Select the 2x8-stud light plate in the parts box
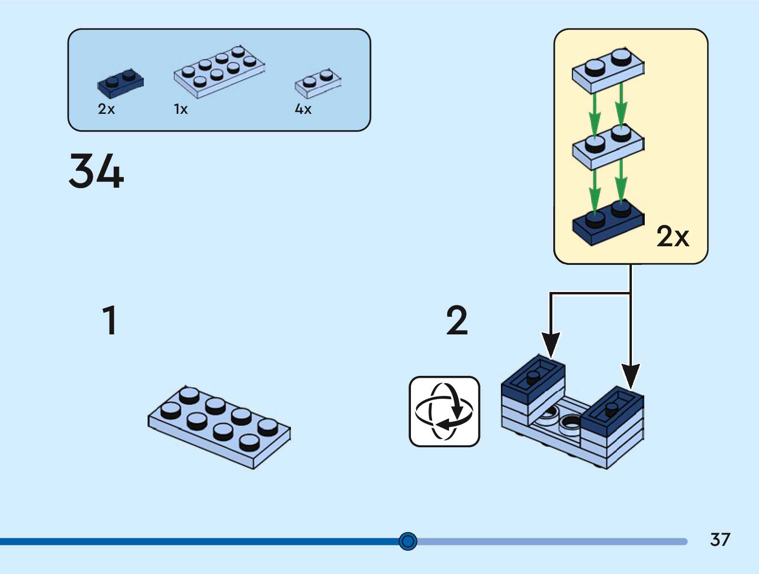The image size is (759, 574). (219, 72)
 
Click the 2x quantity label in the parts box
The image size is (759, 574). (106, 109)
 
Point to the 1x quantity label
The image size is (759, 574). (180, 109)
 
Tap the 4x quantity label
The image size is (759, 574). (303, 109)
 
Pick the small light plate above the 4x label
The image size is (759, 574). (318, 84)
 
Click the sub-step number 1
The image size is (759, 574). (110, 320)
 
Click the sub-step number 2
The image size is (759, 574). (457, 320)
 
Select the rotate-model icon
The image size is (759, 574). (444, 412)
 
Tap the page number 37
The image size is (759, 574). (719, 540)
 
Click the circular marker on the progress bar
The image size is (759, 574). (408, 541)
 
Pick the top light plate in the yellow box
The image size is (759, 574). (608, 70)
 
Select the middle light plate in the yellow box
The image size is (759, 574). (608, 146)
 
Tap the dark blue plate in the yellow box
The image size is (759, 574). (608, 223)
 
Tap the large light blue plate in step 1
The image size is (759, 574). (219, 427)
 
